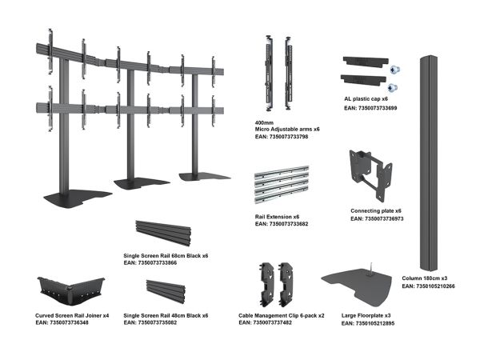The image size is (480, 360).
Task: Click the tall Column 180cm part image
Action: point(429,163)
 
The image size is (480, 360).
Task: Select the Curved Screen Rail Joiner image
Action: point(71,290)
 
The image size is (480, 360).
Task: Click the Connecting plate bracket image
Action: point(370,174)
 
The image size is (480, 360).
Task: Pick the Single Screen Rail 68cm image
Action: point(163,233)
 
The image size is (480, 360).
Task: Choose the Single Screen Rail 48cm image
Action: point(166,291)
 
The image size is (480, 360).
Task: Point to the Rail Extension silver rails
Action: point(282,185)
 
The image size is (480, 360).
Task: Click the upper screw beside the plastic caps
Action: point(394,70)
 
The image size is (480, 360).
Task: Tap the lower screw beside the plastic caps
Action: point(392,88)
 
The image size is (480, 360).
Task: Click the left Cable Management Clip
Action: point(267,283)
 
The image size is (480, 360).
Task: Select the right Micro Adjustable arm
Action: point(289,74)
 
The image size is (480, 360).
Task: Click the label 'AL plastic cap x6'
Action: point(366,99)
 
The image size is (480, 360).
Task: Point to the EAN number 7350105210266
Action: point(435,286)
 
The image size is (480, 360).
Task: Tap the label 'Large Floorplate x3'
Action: point(366,315)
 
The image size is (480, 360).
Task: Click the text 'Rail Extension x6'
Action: point(277,217)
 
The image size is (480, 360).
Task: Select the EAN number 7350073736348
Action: point(69,322)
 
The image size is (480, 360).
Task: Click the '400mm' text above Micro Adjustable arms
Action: point(264,122)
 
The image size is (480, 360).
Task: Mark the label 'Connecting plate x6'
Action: point(376,211)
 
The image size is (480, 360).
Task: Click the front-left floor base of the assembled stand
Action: point(78,199)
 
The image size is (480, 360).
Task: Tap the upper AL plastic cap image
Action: point(366,62)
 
